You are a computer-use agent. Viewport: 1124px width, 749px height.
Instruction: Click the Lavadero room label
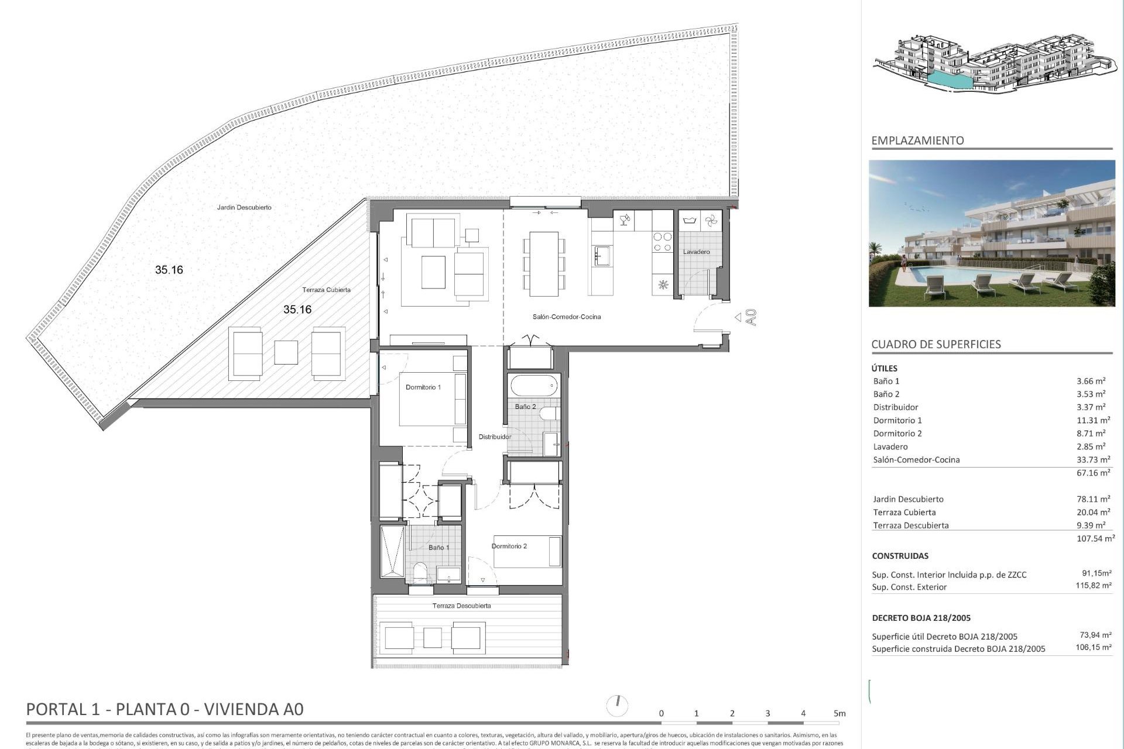(x=696, y=252)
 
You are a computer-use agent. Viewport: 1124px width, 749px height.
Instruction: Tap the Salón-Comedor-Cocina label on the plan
(x=566, y=317)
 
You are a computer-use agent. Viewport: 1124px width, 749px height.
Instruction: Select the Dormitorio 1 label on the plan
(x=423, y=387)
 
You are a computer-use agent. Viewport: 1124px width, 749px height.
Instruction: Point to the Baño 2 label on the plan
(x=525, y=407)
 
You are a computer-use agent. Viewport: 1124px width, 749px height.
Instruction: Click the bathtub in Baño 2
(x=534, y=386)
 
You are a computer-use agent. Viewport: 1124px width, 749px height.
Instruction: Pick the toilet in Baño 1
(x=420, y=572)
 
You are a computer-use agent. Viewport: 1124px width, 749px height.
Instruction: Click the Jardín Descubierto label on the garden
(x=244, y=208)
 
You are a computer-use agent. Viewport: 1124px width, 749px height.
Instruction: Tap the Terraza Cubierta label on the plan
(x=326, y=290)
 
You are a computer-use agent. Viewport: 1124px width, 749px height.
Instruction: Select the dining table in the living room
(x=544, y=263)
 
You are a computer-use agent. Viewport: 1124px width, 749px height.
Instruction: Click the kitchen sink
(x=602, y=256)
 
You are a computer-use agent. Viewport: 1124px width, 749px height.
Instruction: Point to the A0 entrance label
(x=752, y=317)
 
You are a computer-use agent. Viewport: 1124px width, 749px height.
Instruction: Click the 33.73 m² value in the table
(x=1093, y=460)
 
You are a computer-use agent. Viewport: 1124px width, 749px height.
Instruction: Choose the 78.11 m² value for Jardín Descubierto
(x=1093, y=499)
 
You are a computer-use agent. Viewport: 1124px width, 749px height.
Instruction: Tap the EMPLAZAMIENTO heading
(x=917, y=140)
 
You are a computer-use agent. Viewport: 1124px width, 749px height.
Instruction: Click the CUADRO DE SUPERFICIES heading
(x=935, y=344)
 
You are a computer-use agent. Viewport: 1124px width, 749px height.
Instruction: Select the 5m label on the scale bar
(x=839, y=713)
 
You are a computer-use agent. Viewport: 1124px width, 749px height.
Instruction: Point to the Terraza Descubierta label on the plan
(x=461, y=606)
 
